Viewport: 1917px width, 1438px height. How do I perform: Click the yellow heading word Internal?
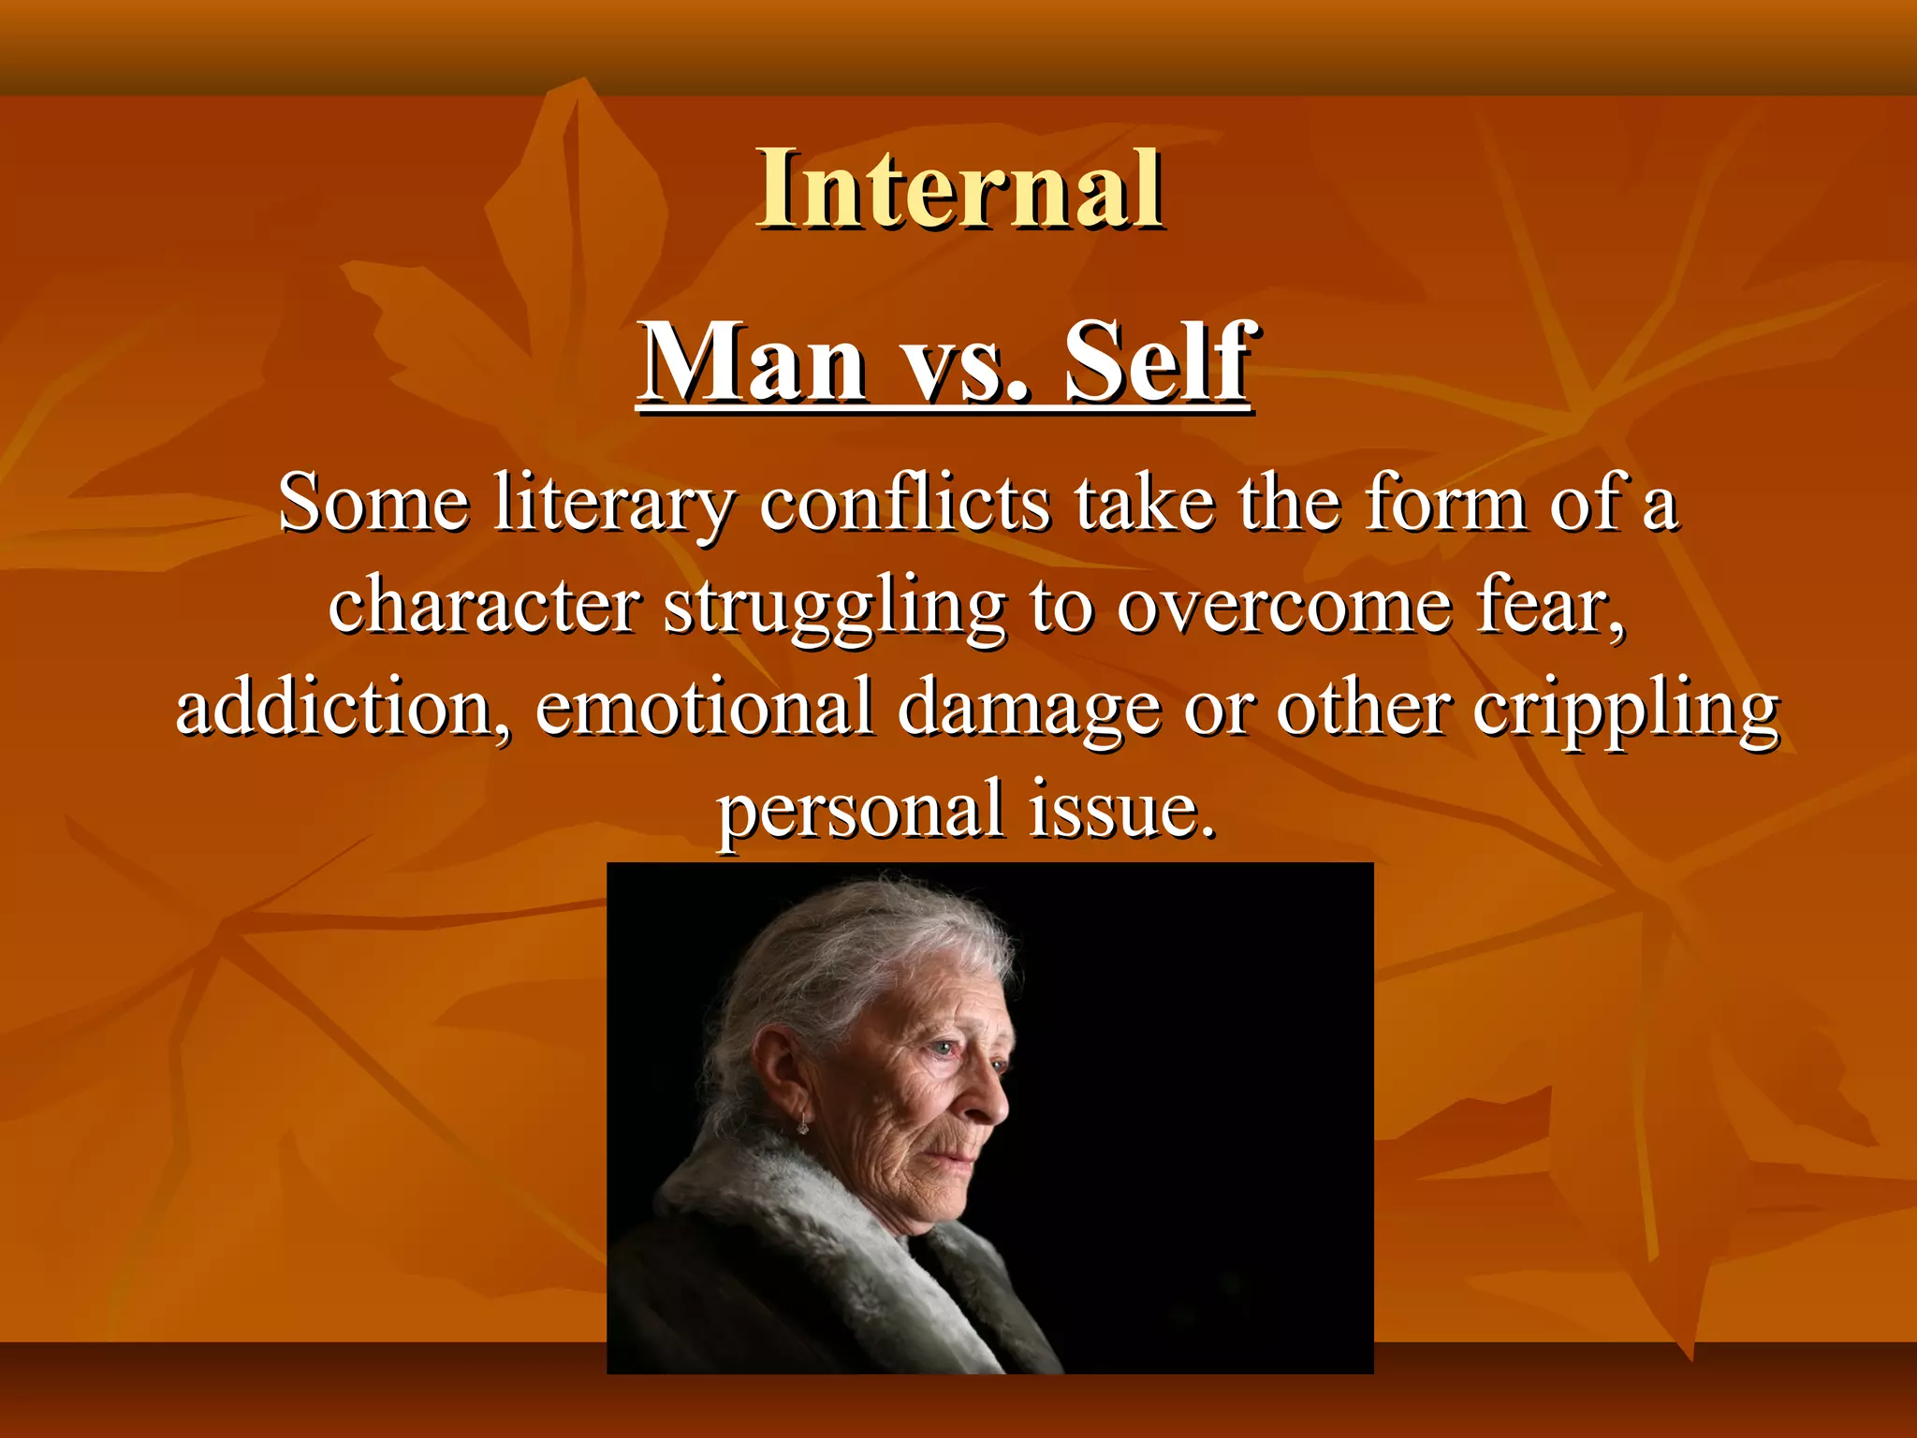[960, 189]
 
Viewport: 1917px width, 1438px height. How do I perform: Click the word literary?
[613, 506]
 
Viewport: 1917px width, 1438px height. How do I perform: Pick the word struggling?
[834, 609]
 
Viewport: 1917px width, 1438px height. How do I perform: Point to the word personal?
[861, 811]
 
